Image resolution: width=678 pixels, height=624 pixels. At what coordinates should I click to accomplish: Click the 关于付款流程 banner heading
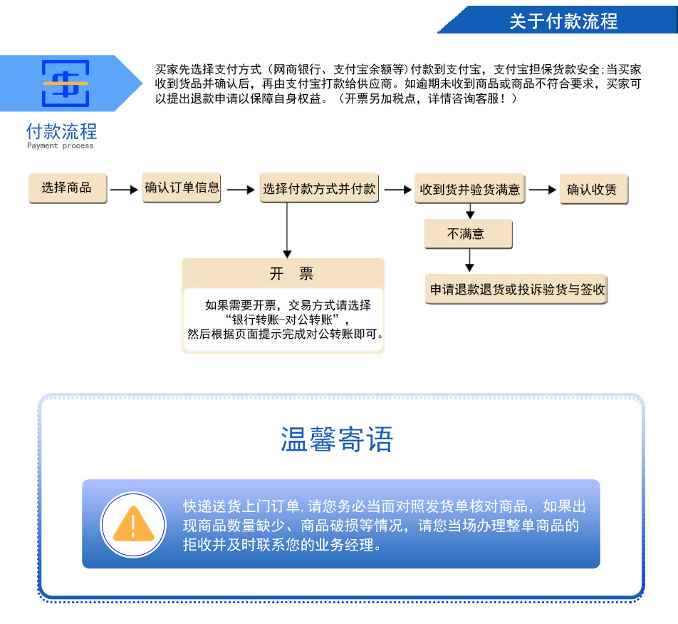click(x=563, y=21)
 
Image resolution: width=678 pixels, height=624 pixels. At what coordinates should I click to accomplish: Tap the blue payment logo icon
click(x=66, y=83)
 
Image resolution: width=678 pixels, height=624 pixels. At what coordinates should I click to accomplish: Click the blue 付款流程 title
click(x=61, y=131)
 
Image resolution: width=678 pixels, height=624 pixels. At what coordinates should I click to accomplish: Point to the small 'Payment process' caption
click(x=60, y=145)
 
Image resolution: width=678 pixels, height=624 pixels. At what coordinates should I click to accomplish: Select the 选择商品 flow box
click(x=67, y=188)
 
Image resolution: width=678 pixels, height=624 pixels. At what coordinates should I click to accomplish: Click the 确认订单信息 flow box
click(x=182, y=188)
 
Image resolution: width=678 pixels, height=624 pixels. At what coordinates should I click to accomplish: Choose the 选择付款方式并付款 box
click(x=319, y=189)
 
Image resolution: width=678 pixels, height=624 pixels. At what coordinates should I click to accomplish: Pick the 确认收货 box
click(x=593, y=190)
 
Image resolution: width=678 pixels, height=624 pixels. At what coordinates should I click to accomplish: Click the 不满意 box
click(x=467, y=233)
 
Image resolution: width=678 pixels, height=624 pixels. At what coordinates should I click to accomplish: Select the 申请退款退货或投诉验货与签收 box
click(x=517, y=290)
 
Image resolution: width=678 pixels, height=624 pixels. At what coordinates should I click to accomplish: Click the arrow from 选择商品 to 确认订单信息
click(x=124, y=190)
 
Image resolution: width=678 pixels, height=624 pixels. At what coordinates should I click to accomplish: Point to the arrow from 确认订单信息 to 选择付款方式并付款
click(x=240, y=190)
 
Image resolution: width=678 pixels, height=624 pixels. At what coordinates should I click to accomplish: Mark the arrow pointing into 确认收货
click(x=543, y=190)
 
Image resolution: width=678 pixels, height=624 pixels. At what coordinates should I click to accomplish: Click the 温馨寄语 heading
click(x=337, y=440)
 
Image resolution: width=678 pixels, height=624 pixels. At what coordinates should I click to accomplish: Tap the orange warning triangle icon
click(x=132, y=524)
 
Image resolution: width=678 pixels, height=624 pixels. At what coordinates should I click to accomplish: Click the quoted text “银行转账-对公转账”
click(x=284, y=319)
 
